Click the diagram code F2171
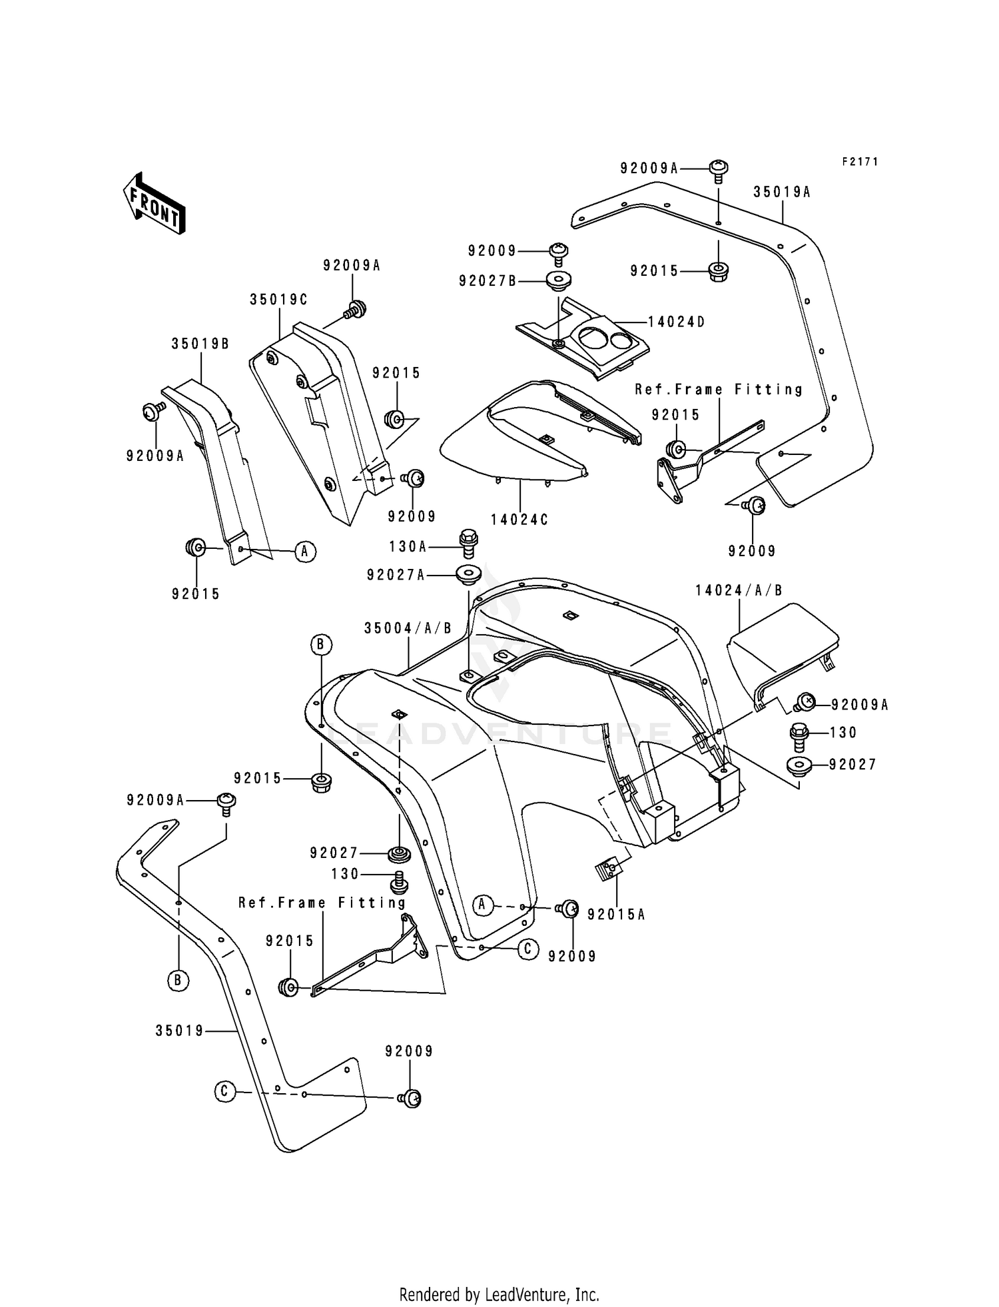click(x=860, y=162)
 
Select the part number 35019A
click(x=782, y=192)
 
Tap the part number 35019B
click(x=200, y=344)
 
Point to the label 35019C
click(x=278, y=300)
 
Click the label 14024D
click(x=676, y=322)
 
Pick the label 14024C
click(x=519, y=520)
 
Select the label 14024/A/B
click(x=739, y=590)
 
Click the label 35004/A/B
click(x=408, y=628)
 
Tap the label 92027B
click(x=487, y=281)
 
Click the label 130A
click(x=408, y=546)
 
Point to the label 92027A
click(x=395, y=574)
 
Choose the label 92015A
click(x=616, y=915)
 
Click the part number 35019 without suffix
click(x=179, y=1031)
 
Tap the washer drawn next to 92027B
click(x=558, y=280)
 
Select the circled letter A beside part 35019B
click(x=305, y=551)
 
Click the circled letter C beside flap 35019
click(x=225, y=1091)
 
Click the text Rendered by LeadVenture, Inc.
click(x=499, y=1294)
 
